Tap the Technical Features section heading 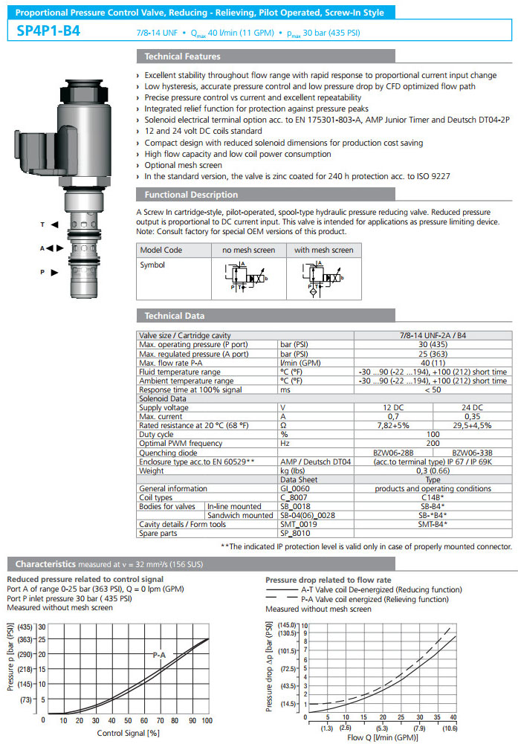click(182, 56)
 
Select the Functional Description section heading click(191, 195)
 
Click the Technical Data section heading click(175, 316)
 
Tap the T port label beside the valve click(43, 224)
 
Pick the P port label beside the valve click(43, 272)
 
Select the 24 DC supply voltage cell click(471, 407)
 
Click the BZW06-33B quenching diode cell click(471, 452)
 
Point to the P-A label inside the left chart click(159, 655)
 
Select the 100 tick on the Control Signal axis click(206, 721)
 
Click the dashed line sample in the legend click(281, 599)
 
